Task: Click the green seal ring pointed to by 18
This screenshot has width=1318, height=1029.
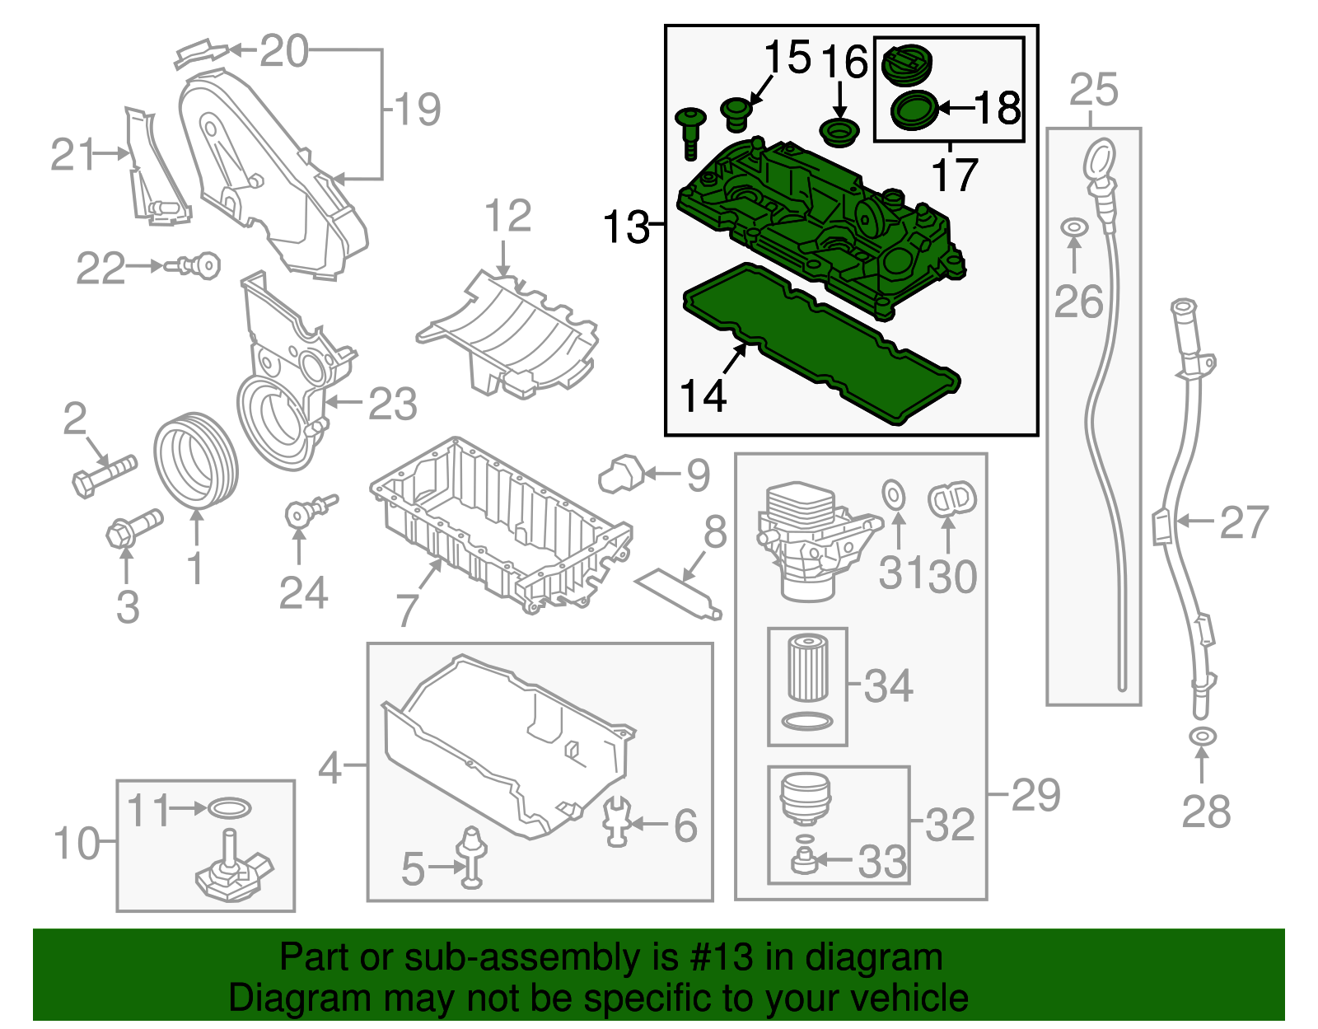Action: coord(914,111)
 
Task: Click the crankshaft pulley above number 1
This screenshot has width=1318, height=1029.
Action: coord(196,461)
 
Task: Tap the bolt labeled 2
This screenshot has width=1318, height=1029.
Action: coord(103,475)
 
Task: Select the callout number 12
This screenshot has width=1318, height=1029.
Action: coord(507,217)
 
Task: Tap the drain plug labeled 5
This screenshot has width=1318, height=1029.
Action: coord(472,857)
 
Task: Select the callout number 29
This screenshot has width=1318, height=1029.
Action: coord(1035,795)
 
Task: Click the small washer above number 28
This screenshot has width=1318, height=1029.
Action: coord(1202,736)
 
